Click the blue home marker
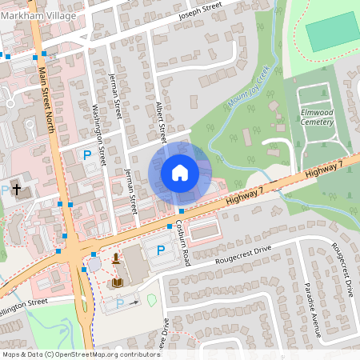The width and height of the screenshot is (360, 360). pyautogui.click(x=180, y=172)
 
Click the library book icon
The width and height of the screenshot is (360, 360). pyautogui.click(x=118, y=282)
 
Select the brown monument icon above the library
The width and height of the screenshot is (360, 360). pyautogui.click(x=117, y=258)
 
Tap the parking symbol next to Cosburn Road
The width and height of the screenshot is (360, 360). pyautogui.click(x=160, y=250)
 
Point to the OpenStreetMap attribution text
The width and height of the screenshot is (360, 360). pyautogui.click(x=70, y=354)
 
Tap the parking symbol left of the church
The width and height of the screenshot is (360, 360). pyautogui.click(x=4, y=189)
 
